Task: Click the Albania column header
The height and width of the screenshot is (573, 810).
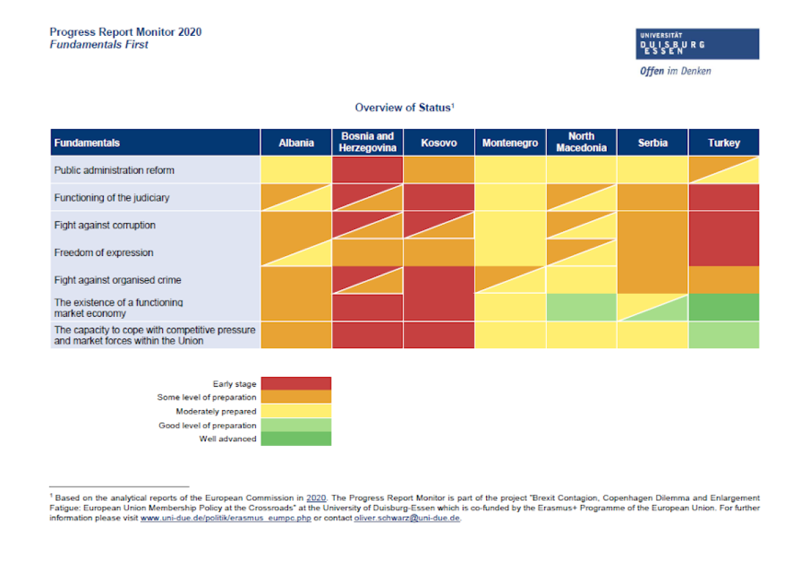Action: click(x=296, y=143)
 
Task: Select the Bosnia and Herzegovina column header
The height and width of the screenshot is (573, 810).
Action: click(x=367, y=143)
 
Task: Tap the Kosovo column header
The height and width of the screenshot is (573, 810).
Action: click(x=439, y=143)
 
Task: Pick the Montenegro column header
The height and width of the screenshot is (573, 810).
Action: click(x=510, y=143)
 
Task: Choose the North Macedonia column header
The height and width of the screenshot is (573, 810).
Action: click(x=581, y=143)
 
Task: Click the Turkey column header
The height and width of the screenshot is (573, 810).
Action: click(x=724, y=143)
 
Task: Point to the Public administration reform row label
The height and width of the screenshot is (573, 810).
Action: click(x=114, y=170)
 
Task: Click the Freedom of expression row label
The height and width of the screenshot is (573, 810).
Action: click(x=104, y=253)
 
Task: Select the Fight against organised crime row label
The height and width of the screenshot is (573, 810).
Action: click(x=117, y=280)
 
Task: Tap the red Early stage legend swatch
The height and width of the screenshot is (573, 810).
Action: click(x=296, y=384)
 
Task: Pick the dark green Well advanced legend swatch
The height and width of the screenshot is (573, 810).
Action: click(x=296, y=439)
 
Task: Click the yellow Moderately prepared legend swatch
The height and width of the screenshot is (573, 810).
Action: click(x=296, y=411)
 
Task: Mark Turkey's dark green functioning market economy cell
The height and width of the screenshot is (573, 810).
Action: click(x=724, y=307)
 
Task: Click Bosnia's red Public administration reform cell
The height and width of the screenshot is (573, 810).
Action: click(x=367, y=170)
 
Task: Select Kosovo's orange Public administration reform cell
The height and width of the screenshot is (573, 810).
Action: click(x=439, y=170)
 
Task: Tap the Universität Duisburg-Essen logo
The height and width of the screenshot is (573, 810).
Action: click(x=697, y=44)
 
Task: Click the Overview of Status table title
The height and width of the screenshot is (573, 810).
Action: click(x=405, y=107)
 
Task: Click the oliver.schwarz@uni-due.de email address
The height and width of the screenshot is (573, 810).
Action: click(x=406, y=518)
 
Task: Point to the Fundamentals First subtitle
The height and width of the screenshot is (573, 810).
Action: click(x=99, y=45)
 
